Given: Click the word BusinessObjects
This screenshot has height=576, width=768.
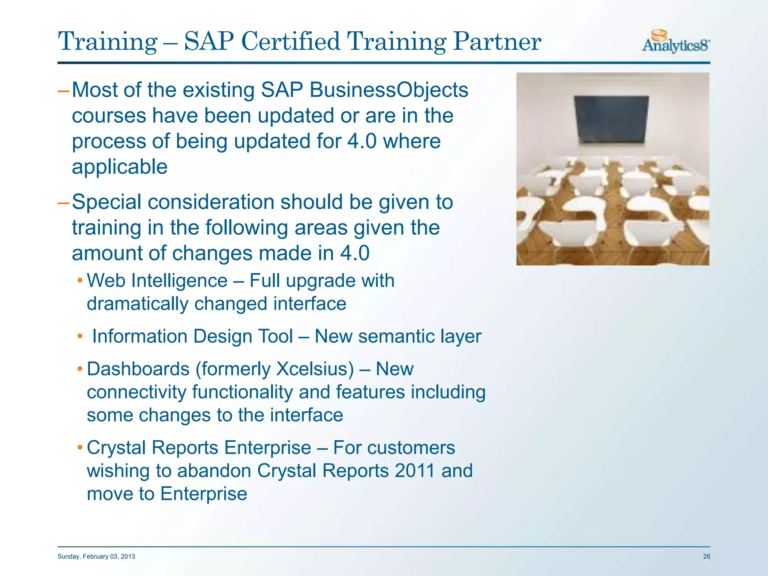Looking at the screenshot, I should click(x=389, y=90).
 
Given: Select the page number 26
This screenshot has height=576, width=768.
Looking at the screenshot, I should click(x=706, y=556).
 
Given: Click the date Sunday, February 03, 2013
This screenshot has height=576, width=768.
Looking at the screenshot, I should click(x=96, y=556).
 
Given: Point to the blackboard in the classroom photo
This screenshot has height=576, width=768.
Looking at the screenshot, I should click(x=611, y=119).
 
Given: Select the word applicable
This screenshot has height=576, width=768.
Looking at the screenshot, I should click(x=120, y=167).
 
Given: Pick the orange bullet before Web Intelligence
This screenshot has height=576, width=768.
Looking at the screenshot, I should click(x=79, y=280).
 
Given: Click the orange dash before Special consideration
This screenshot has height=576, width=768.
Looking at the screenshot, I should click(x=63, y=203).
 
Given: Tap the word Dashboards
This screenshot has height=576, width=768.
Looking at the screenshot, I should click(x=138, y=369).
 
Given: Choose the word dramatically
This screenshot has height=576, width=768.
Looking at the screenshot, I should click(x=137, y=304).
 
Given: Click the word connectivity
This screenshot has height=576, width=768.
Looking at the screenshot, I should click(x=136, y=392).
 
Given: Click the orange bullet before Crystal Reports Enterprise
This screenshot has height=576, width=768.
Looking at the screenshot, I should click(x=79, y=447).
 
